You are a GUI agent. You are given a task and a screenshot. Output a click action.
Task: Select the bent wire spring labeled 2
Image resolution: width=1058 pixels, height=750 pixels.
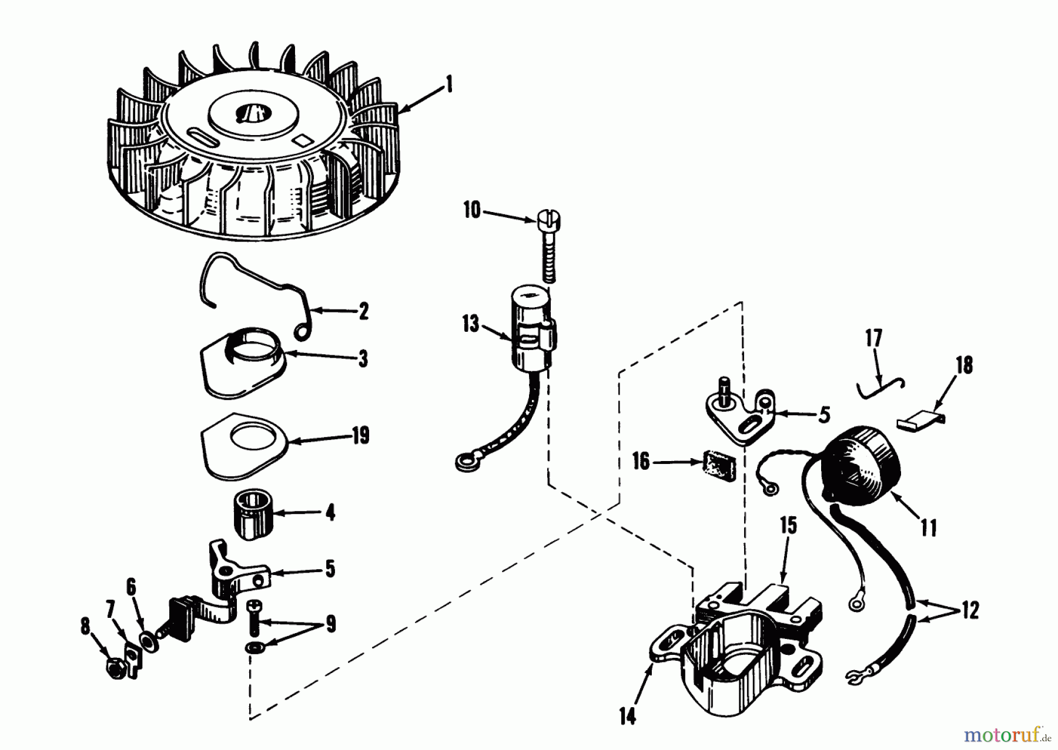click(259, 276)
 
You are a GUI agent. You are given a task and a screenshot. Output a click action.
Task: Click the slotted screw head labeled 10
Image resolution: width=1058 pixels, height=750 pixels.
click(548, 221)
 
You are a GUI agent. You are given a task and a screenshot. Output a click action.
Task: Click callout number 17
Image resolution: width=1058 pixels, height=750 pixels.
click(873, 339)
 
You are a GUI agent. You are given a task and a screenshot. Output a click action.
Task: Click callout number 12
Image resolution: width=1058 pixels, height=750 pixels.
click(970, 611)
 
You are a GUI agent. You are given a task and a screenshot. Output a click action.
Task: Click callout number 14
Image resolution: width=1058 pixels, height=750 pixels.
click(628, 718)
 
